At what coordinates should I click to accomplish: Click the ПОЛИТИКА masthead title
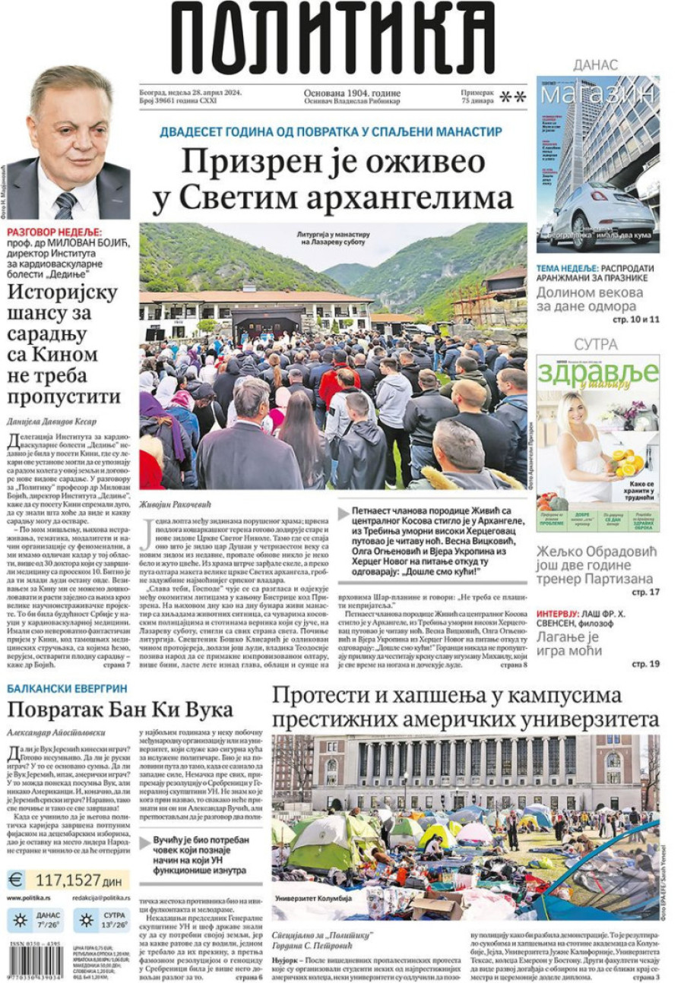[332, 38]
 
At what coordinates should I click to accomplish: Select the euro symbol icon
[16, 880]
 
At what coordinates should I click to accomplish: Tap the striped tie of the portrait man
[66, 205]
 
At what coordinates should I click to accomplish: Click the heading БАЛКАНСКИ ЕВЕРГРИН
[67, 689]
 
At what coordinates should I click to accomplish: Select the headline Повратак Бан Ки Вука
[119, 711]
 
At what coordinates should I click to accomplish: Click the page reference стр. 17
[645, 591]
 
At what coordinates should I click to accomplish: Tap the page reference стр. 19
[645, 664]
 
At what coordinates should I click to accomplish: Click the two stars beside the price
[513, 97]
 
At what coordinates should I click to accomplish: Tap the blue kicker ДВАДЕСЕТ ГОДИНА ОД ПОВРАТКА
[331, 132]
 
